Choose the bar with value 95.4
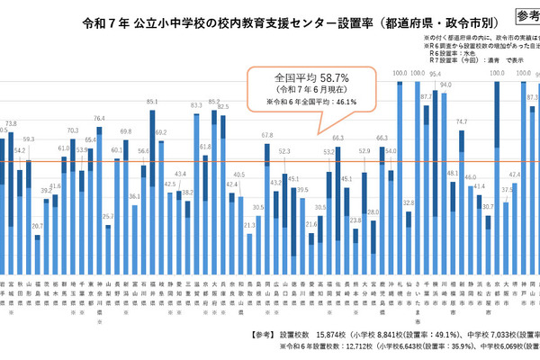coord(435,171)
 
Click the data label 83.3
coord(197,105)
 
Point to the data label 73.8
coord(11,123)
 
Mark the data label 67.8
coord(267,135)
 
